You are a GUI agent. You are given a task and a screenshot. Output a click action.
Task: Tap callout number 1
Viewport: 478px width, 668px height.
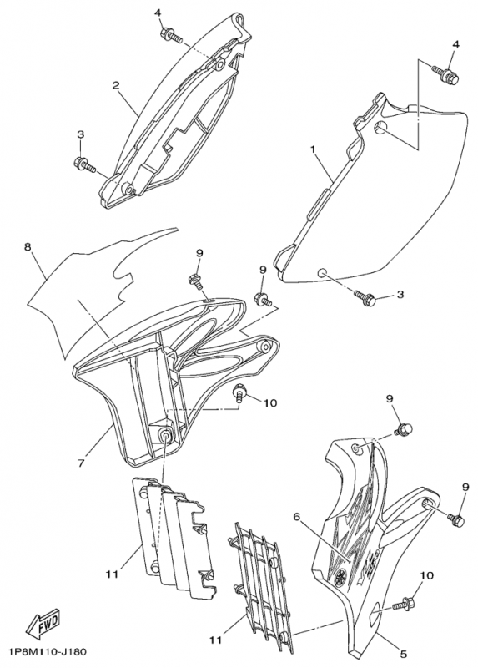[314, 149]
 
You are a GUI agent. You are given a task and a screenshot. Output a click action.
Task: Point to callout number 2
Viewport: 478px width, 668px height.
[115, 85]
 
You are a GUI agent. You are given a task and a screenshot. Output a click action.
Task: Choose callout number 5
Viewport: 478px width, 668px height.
[404, 654]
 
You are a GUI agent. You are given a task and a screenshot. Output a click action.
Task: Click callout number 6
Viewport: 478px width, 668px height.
[297, 516]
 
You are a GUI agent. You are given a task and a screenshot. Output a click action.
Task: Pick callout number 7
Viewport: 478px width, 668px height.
[81, 463]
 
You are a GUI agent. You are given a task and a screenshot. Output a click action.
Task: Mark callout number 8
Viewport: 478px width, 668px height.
[28, 246]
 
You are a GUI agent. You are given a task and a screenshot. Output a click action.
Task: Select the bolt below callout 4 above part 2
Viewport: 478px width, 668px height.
[172, 35]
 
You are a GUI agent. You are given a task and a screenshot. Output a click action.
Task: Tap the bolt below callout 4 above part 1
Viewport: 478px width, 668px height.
[446, 73]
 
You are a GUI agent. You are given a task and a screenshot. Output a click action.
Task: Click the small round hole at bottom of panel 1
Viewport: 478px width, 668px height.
[323, 273]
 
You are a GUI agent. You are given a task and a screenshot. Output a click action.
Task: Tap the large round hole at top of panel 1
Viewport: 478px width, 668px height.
[381, 127]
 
